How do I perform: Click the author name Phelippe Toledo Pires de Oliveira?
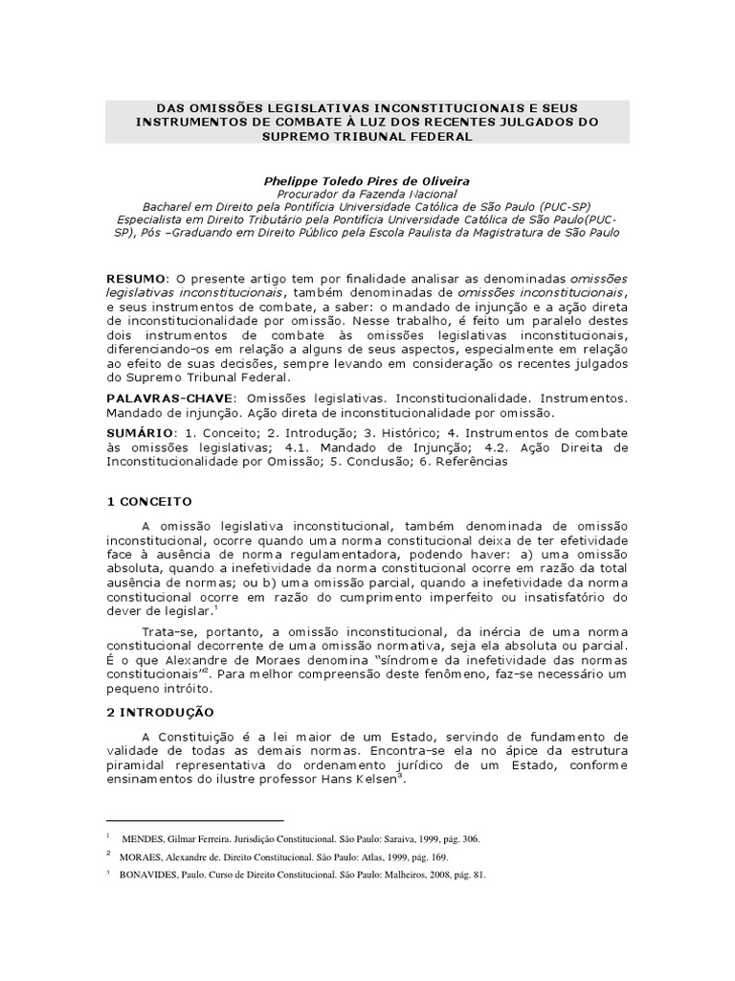pyautogui.click(x=367, y=179)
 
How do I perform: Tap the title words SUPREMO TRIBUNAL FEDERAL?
pyautogui.click(x=367, y=136)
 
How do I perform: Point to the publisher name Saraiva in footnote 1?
pyautogui.click(x=381, y=838)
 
